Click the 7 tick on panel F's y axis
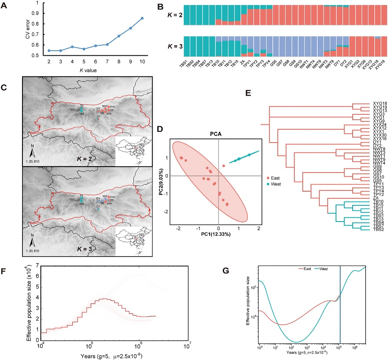[37, 264]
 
